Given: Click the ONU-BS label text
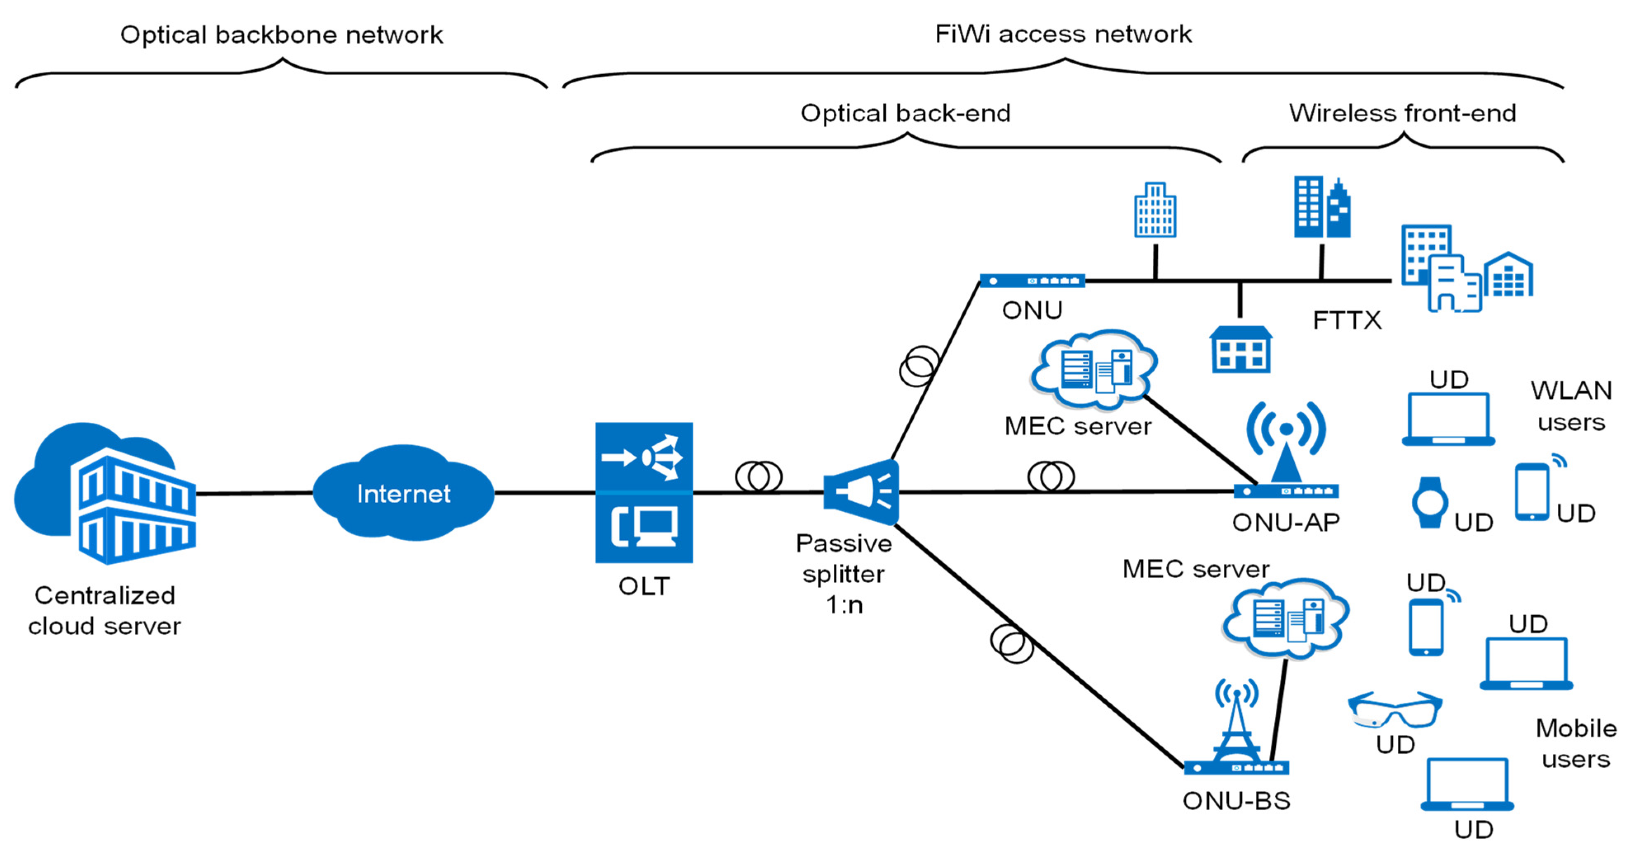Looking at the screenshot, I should point(1236,800).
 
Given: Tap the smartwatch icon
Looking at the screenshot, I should point(1430,502).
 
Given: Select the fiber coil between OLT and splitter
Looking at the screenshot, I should point(759,476).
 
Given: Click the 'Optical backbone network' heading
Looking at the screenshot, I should point(282,35).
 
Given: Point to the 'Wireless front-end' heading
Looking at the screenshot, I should point(1402,113).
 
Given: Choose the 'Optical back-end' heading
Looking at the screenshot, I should point(905,113).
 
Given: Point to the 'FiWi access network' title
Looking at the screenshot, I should point(1063,34).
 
